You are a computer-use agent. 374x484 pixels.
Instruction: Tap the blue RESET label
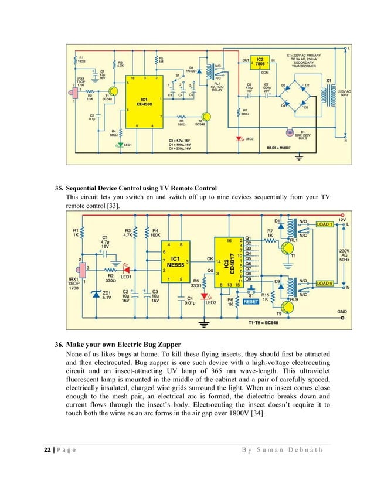point(251,303)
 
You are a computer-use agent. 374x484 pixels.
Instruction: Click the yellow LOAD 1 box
point(325,224)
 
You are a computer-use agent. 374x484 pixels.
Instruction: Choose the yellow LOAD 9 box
point(325,284)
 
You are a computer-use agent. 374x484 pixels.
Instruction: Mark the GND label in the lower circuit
point(342,311)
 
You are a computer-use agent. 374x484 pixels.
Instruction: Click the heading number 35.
point(58,188)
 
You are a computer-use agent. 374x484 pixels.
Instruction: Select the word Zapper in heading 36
point(182,344)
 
